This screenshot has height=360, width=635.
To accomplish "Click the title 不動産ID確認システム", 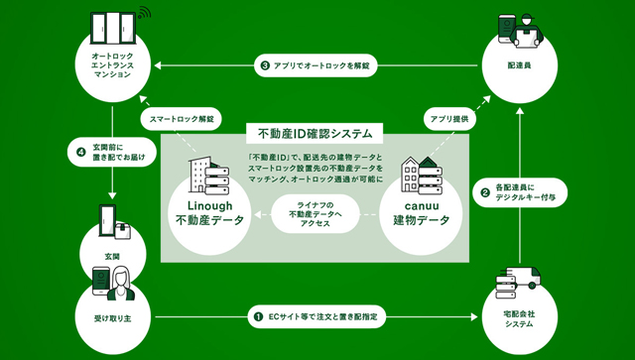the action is click(315, 134).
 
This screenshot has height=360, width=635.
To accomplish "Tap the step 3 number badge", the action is click(265, 65).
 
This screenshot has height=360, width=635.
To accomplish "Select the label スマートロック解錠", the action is click(182, 119).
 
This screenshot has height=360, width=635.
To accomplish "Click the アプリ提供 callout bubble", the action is click(449, 119).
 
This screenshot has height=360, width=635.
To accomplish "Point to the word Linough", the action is click(209, 205).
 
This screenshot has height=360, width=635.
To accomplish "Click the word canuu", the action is click(421, 205).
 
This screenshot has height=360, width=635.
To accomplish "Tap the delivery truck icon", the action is click(521, 278).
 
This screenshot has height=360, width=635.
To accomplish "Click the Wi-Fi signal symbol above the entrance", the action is click(144, 13).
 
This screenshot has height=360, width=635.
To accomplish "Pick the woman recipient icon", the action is click(120, 284).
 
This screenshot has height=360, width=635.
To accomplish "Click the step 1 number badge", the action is click(258, 316).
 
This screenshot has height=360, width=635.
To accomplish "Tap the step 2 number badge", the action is click(485, 192).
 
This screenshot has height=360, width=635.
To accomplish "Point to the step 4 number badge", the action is click(81, 153).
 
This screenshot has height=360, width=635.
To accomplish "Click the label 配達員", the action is click(520, 65).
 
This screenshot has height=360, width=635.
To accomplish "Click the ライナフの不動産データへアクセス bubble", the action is click(316, 214).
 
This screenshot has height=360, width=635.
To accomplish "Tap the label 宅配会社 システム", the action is click(520, 319).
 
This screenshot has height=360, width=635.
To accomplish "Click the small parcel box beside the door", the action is click(123, 231).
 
